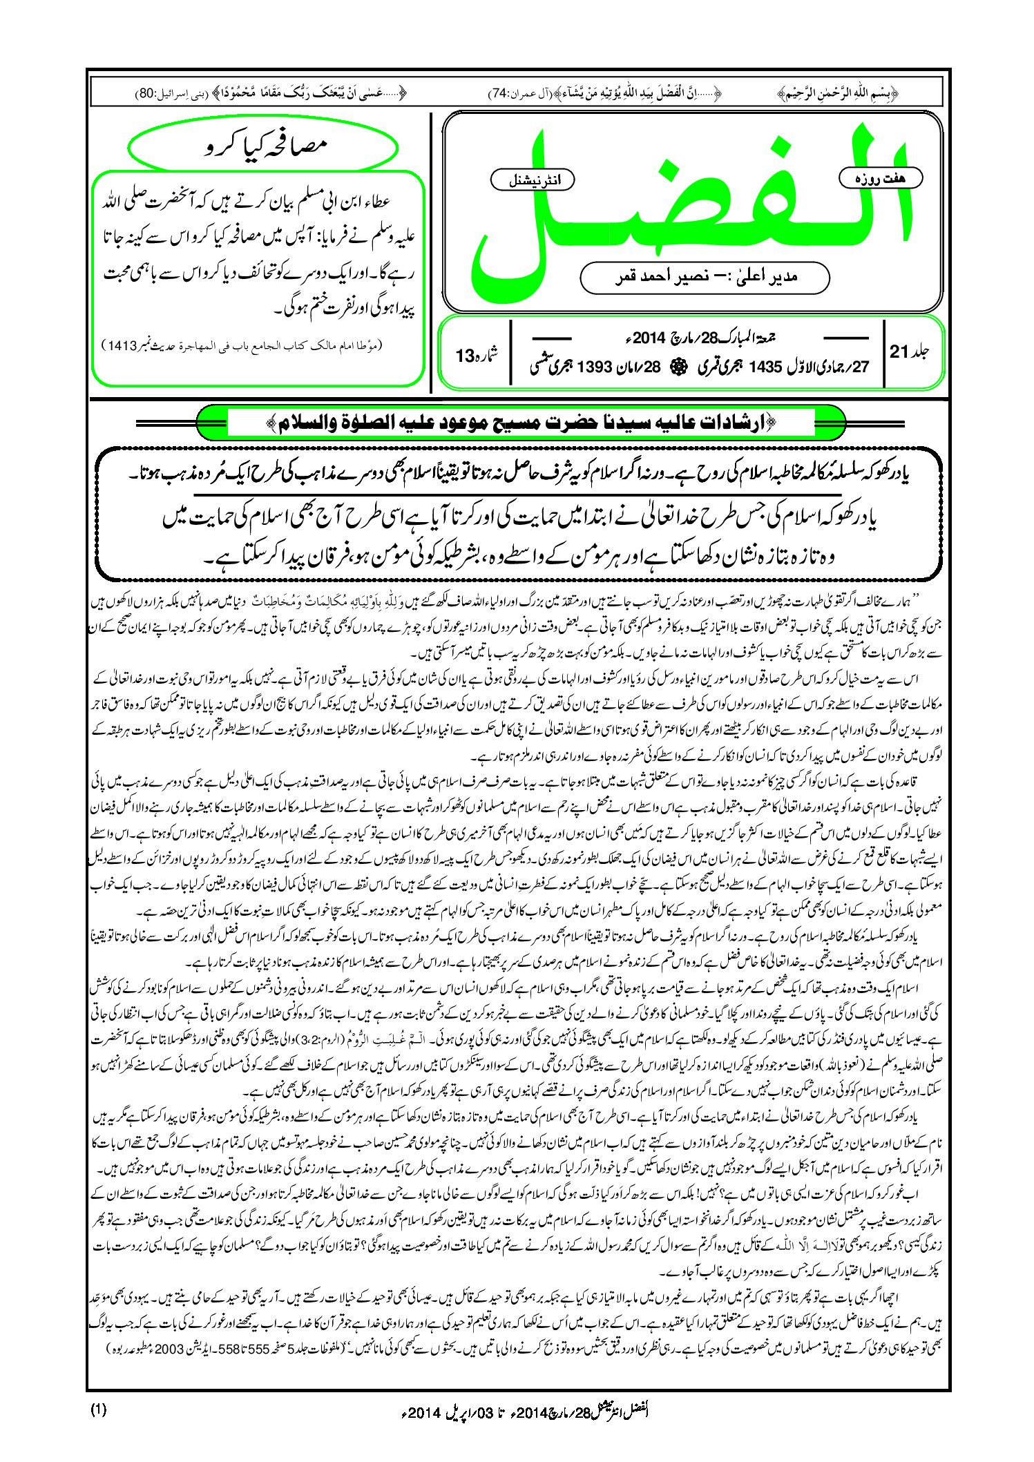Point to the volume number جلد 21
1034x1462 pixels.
click(x=910, y=352)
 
